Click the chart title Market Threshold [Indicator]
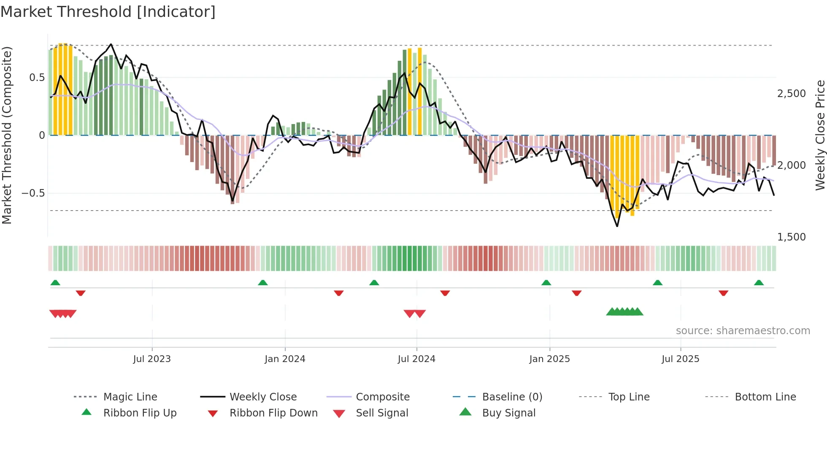(x=108, y=12)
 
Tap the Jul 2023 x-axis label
(x=152, y=359)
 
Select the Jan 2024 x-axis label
(x=285, y=359)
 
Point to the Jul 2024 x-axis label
(x=416, y=359)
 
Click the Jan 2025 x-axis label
(x=549, y=359)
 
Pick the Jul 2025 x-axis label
(x=680, y=359)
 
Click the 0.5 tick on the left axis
(x=37, y=78)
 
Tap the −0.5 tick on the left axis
(x=33, y=193)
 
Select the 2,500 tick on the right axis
(x=791, y=94)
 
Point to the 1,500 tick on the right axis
(x=791, y=237)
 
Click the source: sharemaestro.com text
(x=743, y=331)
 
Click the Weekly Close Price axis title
(x=820, y=135)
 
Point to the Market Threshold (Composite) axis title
(x=7, y=135)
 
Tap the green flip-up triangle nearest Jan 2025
(x=546, y=283)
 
